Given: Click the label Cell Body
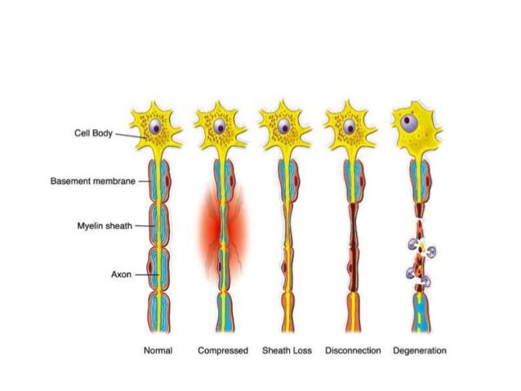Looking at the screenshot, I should pos(91,132).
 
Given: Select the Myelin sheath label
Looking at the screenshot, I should pos(104,226).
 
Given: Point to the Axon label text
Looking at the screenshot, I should pos(121,274).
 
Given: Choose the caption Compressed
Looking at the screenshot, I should pos(221,350).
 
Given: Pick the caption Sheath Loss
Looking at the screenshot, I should pos(287,350).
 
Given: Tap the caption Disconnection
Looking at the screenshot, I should pos(353,350).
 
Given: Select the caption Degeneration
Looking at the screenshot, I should pos(419,350).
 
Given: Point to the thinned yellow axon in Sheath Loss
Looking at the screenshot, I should pos(285,245).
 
